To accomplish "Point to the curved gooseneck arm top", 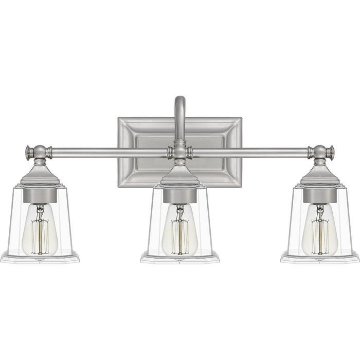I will (179, 101).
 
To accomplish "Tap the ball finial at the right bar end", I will (320, 152).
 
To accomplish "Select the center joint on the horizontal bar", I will (179, 152).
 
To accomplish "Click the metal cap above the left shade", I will (40, 177).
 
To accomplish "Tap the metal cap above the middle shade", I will (179, 177).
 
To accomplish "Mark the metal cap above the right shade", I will (319, 177).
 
